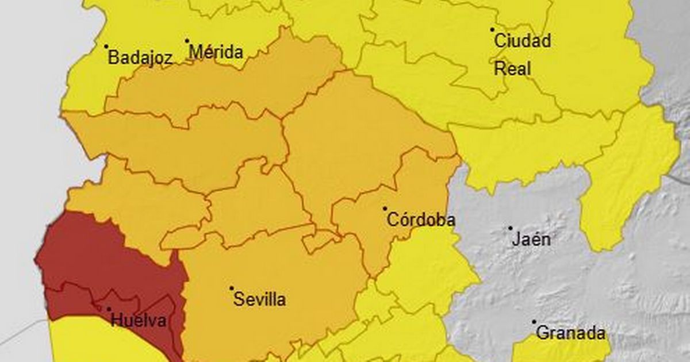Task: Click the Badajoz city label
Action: point(140,57)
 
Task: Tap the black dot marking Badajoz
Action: point(106,46)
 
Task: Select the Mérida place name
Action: point(216,52)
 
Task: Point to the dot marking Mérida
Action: point(187,41)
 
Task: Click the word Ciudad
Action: point(523,41)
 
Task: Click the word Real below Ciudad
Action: point(512,69)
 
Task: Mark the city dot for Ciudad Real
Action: point(492,29)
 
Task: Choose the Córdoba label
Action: point(421,219)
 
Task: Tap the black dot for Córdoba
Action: point(385,209)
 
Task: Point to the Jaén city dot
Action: point(510,228)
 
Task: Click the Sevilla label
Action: point(259,299)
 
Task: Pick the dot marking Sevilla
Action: point(232,288)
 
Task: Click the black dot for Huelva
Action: point(109,309)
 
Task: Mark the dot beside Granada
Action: point(534,322)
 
